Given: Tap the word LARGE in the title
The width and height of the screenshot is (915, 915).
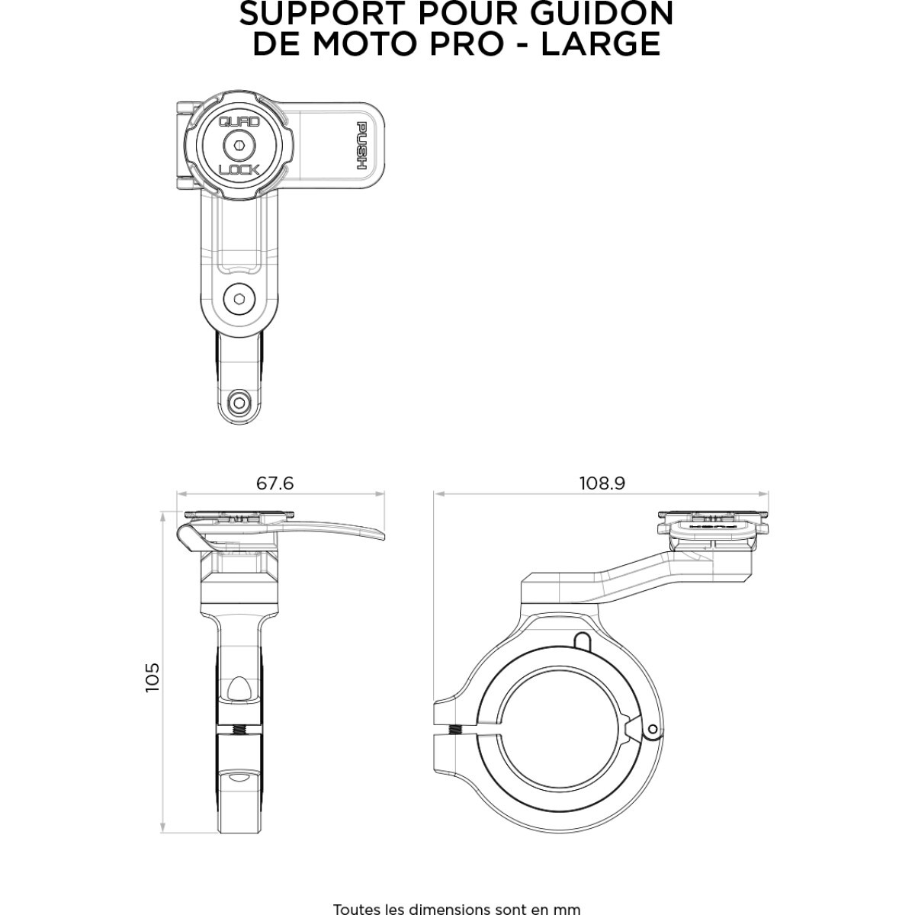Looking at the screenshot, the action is pyautogui.click(x=601, y=43).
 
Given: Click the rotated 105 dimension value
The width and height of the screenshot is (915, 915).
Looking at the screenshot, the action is pyautogui.click(x=152, y=677).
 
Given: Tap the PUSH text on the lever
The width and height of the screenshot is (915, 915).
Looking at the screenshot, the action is pyautogui.click(x=362, y=146).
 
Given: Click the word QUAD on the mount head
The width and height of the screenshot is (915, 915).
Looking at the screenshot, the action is pyautogui.click(x=239, y=121).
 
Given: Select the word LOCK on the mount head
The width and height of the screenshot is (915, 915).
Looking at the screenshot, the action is pyautogui.click(x=239, y=169).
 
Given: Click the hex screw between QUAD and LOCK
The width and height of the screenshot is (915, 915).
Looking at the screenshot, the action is pyautogui.click(x=239, y=146).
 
